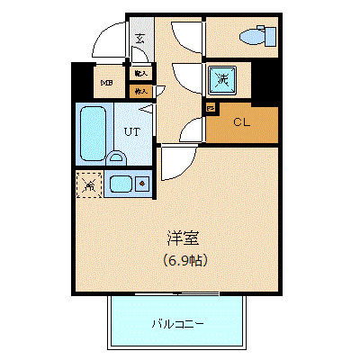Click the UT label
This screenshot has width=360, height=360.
tap(132, 130)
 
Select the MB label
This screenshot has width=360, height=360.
tap(106, 85)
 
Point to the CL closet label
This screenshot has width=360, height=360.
tap(241, 121)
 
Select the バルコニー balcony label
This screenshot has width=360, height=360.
tap(175, 323)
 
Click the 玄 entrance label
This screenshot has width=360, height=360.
tap(140, 40)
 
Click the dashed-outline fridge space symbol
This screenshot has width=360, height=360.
tap(88, 186)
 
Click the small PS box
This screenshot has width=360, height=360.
tap(211, 108)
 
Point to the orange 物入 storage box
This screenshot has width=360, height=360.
tap(140, 91)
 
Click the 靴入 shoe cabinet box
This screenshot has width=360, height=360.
tap(140, 73)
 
